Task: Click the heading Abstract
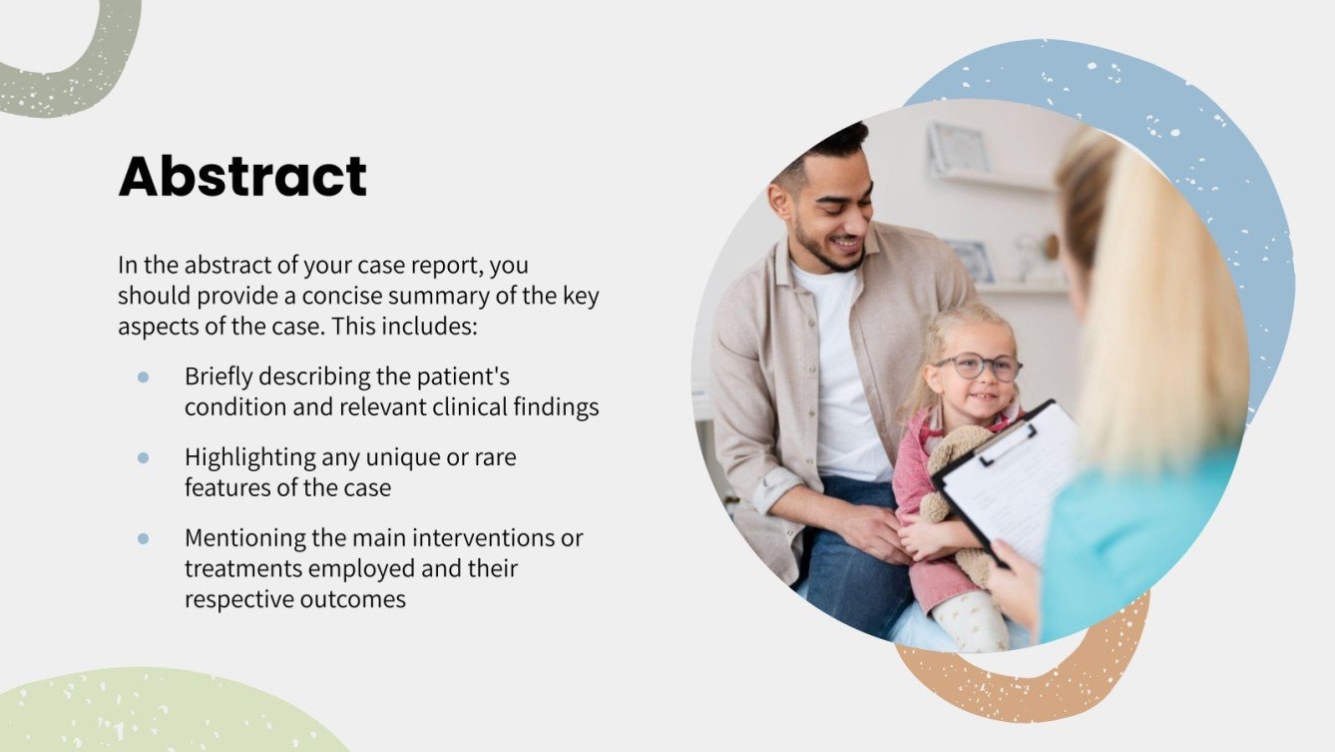242,177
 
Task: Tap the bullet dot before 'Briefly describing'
143,377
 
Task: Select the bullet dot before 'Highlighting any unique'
143,457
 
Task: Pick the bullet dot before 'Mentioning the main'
143,538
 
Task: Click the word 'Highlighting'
248,457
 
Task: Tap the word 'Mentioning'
239,538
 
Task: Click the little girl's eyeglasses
977,367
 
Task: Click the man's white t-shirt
843,379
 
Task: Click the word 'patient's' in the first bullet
463,377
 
